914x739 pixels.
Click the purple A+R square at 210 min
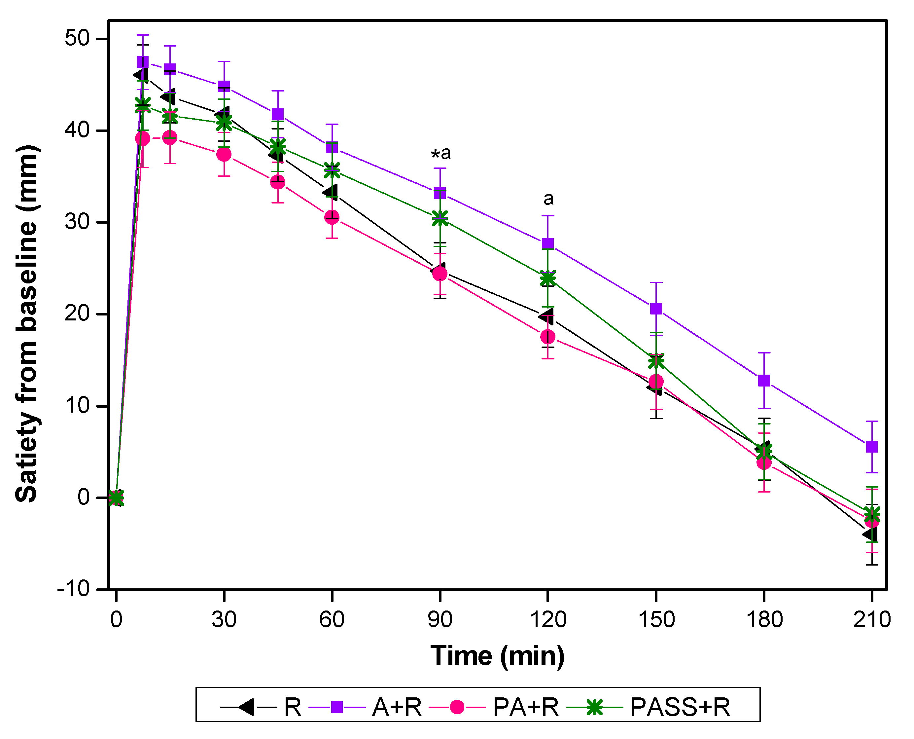point(872,447)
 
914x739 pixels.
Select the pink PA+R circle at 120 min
point(547,337)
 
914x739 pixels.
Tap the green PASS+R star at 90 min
point(440,219)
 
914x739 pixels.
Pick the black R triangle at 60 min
point(331,192)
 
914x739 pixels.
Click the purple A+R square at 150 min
point(656,309)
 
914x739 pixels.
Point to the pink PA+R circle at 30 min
point(224,155)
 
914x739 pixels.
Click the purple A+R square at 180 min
point(764,380)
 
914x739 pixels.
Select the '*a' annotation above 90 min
point(441,153)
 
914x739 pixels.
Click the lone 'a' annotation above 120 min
point(548,199)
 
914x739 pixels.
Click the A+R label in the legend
point(397,708)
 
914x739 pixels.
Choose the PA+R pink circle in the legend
point(457,708)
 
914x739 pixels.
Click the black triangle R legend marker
point(246,708)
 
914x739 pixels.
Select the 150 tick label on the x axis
point(656,619)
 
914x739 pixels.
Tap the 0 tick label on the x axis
point(116,619)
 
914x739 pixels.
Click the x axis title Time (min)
point(497,656)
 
